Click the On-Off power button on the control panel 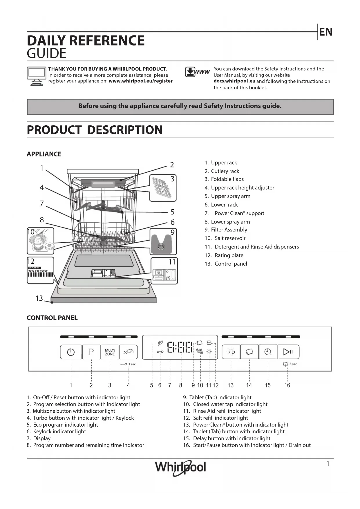[71, 352]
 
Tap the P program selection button [91, 352]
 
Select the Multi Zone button [110, 352]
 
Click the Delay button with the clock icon [268, 352]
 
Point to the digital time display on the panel [180, 347]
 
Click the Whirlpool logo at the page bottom [180, 468]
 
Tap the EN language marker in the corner [326, 32]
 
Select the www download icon [197, 72]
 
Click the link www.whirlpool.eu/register [141, 81]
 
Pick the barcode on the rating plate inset [41, 275]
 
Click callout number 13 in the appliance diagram [39, 298]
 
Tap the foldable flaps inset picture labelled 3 [163, 188]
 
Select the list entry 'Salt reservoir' [230, 238]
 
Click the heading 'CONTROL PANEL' [52, 318]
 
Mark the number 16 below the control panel [287, 385]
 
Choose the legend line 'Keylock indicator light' [59, 432]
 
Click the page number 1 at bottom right [328, 464]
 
